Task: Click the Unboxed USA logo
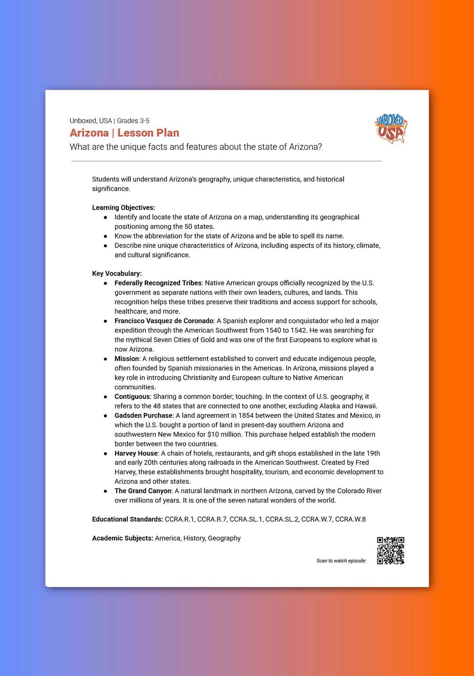[x=391, y=129]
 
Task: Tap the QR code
[x=390, y=550]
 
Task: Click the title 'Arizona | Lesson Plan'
[x=124, y=133]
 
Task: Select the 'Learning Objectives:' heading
[x=123, y=208]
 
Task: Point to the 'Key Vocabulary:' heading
[x=117, y=274]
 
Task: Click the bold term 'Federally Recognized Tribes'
[x=158, y=283]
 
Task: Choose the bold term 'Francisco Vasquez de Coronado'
[x=164, y=321]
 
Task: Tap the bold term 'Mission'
[x=126, y=359]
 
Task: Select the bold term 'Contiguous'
[x=132, y=397]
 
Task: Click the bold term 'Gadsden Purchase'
[x=144, y=416]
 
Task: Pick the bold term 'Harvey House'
[x=136, y=453]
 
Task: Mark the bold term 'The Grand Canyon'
[x=143, y=491]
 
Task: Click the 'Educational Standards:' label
[x=127, y=519]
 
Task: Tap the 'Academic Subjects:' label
[x=122, y=538]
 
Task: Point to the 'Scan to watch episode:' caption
[x=341, y=561]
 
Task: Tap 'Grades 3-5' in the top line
[x=133, y=121]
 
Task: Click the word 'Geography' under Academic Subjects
[x=224, y=538]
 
